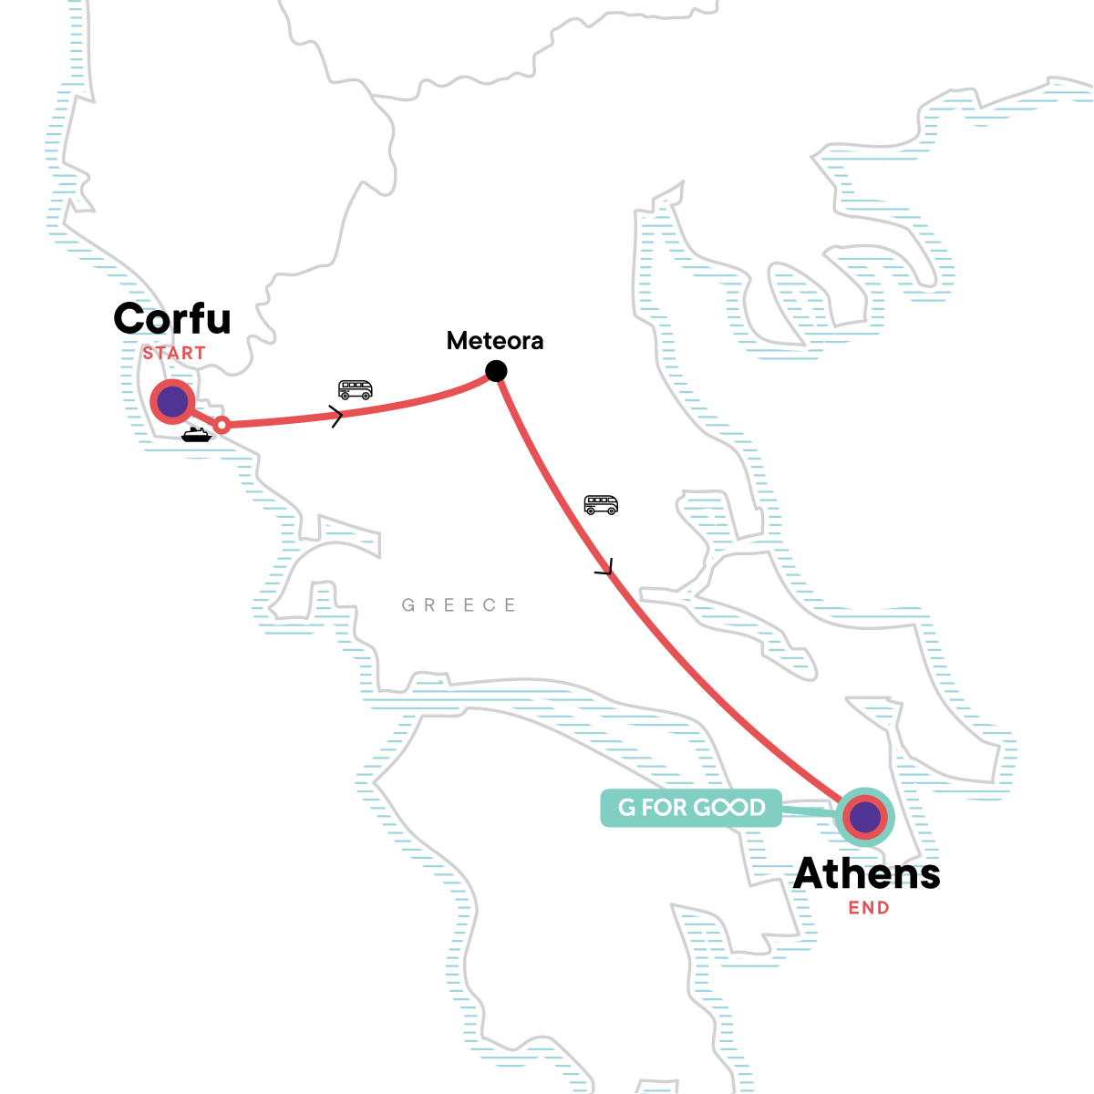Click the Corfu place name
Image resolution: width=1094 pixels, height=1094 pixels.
[x=172, y=319]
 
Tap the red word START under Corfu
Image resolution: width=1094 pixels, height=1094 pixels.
[x=174, y=353]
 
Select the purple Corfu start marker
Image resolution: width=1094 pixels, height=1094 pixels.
[x=172, y=401]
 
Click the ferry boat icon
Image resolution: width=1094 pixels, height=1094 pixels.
[x=196, y=435]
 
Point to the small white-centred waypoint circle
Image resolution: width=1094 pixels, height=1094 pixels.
[x=221, y=424]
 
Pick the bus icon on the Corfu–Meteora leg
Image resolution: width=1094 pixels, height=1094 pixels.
[x=356, y=390]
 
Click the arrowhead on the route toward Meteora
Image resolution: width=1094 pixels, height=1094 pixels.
[x=338, y=418]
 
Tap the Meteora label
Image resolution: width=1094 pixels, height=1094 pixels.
[x=495, y=341]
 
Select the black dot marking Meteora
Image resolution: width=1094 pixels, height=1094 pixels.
[x=496, y=371]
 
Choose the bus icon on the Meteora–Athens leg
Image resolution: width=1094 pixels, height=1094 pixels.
[x=601, y=505]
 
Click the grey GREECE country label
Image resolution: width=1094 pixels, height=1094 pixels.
[x=459, y=605]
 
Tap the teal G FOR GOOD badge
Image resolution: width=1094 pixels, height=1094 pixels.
[x=691, y=808]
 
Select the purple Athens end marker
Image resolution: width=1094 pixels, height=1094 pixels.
[x=864, y=818]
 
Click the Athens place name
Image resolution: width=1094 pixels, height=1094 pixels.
[x=867, y=873]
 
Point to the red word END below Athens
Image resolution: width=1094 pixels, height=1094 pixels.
[x=869, y=908]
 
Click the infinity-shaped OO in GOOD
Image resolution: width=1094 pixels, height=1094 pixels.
[x=729, y=808]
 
